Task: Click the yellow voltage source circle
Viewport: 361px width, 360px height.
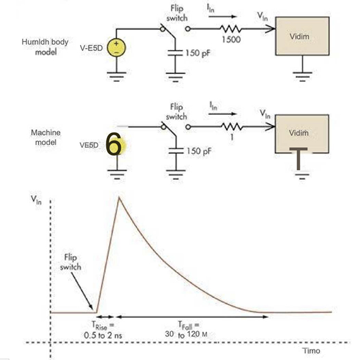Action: tap(116, 48)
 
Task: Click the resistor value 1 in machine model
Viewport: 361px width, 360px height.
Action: tap(232, 136)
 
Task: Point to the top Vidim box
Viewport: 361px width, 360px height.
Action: tap(302, 37)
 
